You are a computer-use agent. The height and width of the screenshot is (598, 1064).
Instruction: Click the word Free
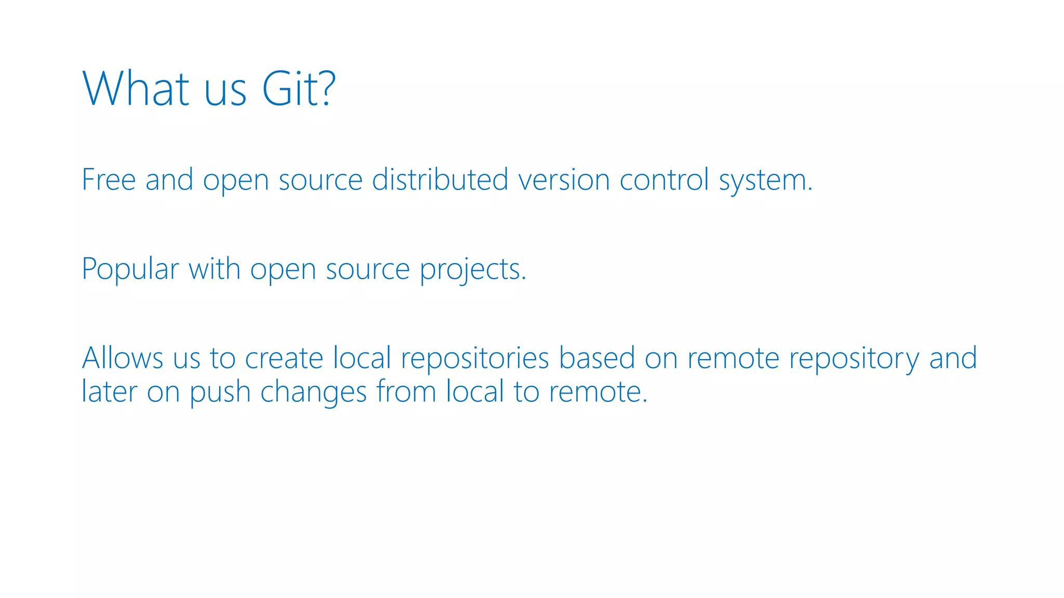tap(109, 180)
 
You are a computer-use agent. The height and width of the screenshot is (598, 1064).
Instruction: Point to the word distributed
tap(440, 180)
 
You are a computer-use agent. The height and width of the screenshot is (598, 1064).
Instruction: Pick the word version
tap(564, 180)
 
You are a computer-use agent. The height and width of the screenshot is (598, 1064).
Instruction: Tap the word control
tap(664, 180)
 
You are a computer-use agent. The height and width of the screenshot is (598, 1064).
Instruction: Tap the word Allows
tap(123, 358)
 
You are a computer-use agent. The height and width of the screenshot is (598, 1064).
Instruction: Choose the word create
tap(284, 359)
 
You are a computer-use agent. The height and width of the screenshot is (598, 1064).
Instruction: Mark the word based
tap(596, 358)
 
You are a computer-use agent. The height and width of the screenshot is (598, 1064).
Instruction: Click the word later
tap(109, 391)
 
